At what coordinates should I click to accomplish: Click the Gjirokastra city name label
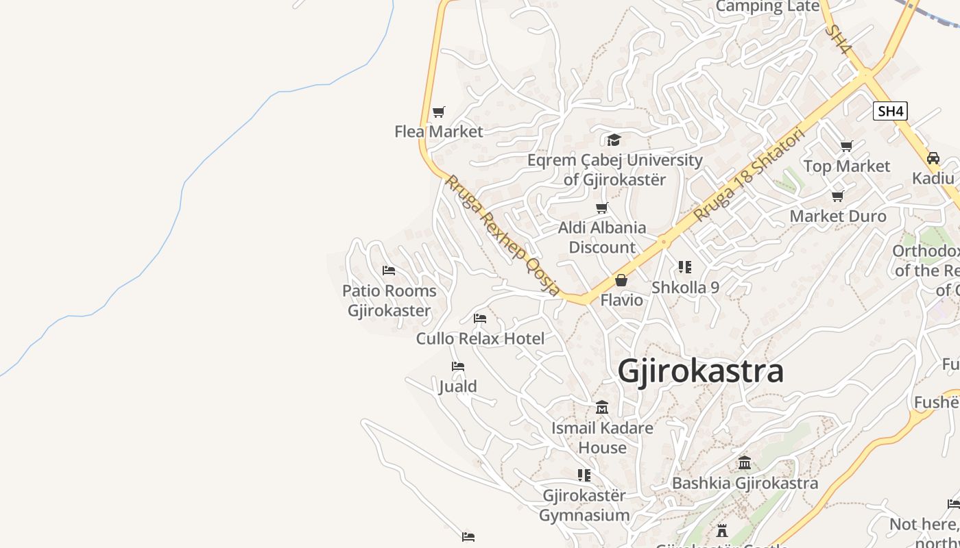pos(700,371)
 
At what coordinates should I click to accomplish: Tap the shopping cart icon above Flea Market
pos(439,112)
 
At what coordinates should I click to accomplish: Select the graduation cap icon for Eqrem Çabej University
pos(614,140)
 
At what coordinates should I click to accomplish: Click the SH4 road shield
pos(890,111)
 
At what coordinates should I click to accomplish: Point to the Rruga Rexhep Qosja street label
pos(503,235)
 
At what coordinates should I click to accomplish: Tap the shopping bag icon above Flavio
pos(621,280)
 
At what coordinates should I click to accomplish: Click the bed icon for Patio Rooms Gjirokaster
pos(389,271)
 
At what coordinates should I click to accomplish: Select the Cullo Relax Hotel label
pos(480,338)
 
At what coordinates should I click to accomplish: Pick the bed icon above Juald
pos(458,366)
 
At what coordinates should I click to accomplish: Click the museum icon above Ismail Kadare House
pos(602,408)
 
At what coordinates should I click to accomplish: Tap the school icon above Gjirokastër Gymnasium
pos(584,475)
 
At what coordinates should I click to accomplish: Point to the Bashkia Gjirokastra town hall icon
pos(745,463)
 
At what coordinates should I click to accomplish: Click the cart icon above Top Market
pos(847,146)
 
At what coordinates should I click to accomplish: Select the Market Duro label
pos(838,216)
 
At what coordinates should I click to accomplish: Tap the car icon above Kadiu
pos(933,158)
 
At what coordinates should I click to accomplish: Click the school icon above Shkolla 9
pos(685,267)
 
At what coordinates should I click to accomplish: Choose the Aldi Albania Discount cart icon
pos(602,208)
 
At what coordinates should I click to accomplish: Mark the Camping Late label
pos(767,6)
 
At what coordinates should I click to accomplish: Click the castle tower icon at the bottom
pos(721,530)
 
